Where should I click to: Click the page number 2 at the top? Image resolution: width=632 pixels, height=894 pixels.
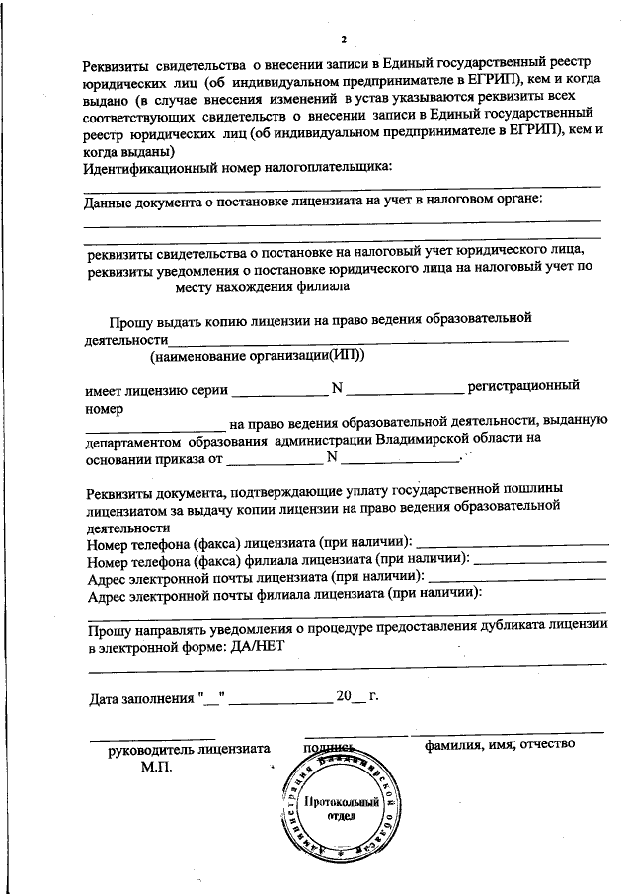click(343, 40)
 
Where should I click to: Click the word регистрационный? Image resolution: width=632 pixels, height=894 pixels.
click(523, 386)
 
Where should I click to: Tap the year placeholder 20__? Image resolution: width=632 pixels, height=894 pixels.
click(350, 696)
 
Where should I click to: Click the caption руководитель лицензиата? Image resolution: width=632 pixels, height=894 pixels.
click(188, 749)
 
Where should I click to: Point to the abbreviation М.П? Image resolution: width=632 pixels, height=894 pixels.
click(156, 767)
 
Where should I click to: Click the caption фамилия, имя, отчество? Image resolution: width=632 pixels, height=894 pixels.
click(500, 744)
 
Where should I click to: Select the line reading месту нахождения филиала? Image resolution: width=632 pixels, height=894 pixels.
click(262, 286)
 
